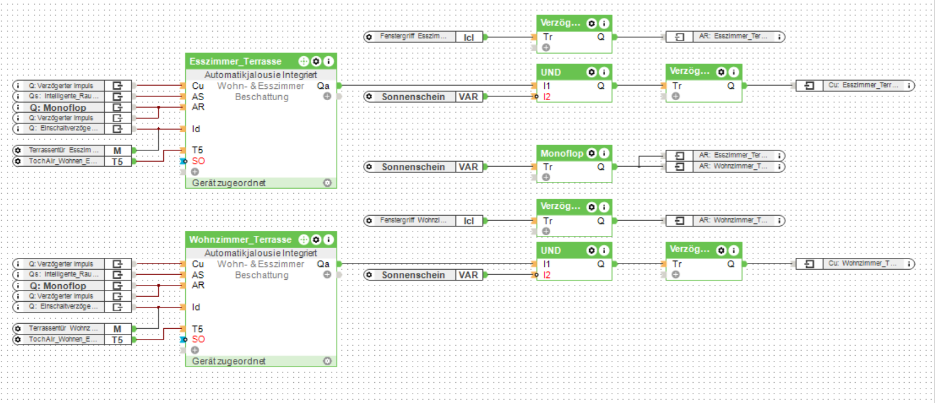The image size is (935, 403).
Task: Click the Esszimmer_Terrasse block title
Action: coord(235,61)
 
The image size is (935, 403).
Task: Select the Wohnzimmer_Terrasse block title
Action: coord(240,240)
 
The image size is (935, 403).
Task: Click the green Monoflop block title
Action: coord(562,153)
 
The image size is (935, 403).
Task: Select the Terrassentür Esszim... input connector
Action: coord(64,150)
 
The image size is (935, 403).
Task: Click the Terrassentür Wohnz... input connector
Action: coord(64,329)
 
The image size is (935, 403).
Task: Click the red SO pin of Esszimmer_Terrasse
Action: coord(198,161)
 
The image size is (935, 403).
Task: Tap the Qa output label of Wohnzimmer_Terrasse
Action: coord(323,264)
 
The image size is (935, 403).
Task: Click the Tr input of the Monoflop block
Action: coord(548,167)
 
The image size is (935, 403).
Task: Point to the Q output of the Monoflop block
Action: coord(601,167)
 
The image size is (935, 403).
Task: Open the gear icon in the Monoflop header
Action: coord(592,153)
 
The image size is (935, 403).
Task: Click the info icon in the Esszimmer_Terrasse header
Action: coord(329,61)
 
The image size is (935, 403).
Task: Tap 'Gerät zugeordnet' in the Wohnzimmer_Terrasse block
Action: coord(229,361)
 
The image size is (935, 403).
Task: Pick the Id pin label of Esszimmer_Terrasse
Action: coord(196,129)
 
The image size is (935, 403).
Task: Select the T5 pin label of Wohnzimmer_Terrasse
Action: coord(197,329)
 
